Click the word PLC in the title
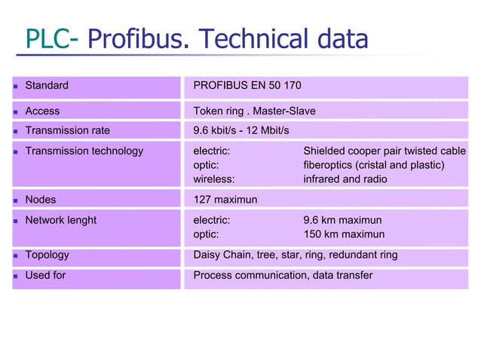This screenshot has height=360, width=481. pyautogui.click(x=45, y=39)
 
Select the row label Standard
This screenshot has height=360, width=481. pyautogui.click(x=47, y=85)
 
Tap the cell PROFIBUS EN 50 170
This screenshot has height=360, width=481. pyautogui.click(x=247, y=85)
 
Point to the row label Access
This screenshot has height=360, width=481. pyautogui.click(x=42, y=111)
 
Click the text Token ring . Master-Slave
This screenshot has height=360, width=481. pyautogui.click(x=254, y=111)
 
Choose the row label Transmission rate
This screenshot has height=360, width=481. pyautogui.click(x=67, y=130)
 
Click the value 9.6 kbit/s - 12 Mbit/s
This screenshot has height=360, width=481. pyautogui.click(x=241, y=130)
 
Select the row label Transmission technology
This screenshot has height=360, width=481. pyautogui.click(x=84, y=151)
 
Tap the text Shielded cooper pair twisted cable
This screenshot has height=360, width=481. pyautogui.click(x=384, y=151)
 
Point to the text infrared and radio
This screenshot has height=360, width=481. pyautogui.click(x=345, y=179)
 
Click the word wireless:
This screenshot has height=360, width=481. pyautogui.click(x=213, y=179)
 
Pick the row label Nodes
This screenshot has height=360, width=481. pyautogui.click(x=41, y=200)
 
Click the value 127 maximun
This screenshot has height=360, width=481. pyautogui.click(x=225, y=200)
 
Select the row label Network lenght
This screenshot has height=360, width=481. pyautogui.click(x=61, y=220)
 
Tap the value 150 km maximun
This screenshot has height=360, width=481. pyautogui.click(x=344, y=234)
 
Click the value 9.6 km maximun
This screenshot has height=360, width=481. pyautogui.click(x=342, y=220)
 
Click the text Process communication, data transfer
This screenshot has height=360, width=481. pyautogui.click(x=283, y=275)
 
